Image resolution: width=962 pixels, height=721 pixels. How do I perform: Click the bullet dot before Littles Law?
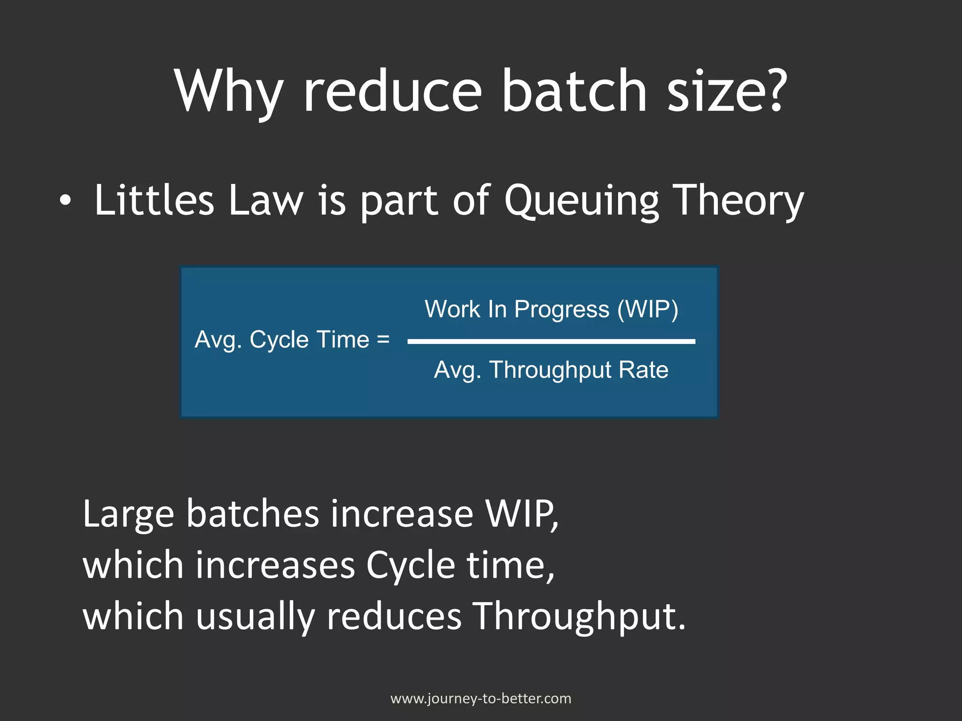(x=66, y=201)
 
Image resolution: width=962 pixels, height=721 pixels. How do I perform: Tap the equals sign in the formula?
(x=383, y=339)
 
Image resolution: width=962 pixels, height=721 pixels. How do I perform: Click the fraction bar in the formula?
(x=551, y=341)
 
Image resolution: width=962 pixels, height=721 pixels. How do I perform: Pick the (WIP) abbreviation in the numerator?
(x=648, y=309)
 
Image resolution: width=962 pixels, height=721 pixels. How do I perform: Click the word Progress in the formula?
(x=561, y=310)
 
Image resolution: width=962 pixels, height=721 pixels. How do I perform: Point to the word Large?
(x=128, y=515)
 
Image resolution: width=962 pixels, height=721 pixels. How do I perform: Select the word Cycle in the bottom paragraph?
(x=410, y=566)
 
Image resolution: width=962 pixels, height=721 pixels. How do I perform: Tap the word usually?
(x=255, y=617)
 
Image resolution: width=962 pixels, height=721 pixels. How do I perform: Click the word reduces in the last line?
(x=394, y=616)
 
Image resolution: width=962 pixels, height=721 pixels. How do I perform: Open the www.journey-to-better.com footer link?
(x=481, y=698)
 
